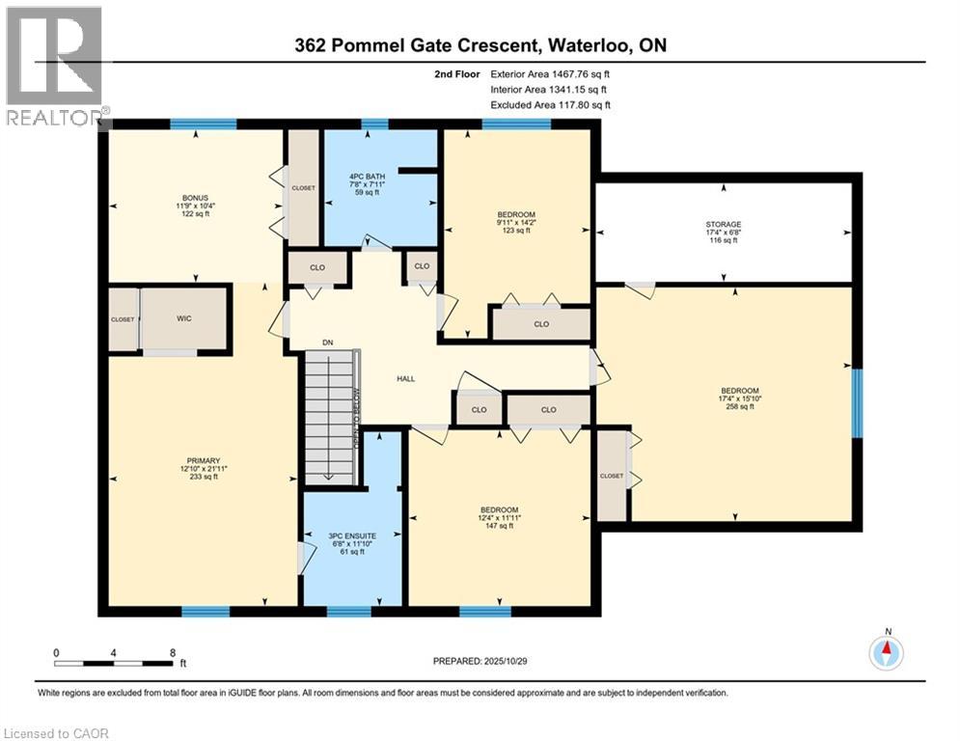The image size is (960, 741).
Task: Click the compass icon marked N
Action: tap(885, 653)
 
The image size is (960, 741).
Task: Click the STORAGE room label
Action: tap(723, 224)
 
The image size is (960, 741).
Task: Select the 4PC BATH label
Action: tap(367, 176)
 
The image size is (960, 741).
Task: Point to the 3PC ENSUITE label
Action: tap(352, 535)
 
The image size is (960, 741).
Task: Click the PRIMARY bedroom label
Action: tap(204, 460)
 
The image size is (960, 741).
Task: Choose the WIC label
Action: tap(186, 317)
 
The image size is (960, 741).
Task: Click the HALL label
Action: tap(406, 378)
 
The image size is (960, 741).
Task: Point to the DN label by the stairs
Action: tap(327, 342)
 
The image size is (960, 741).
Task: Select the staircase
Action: tap(331, 415)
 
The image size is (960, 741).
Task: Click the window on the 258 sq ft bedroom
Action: tap(857, 403)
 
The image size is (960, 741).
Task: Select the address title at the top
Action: tap(480, 44)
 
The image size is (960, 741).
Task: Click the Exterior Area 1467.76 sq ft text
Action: tap(550, 73)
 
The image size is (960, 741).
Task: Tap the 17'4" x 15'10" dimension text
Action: tap(738, 398)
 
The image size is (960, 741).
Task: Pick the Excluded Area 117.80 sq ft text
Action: tap(550, 105)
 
